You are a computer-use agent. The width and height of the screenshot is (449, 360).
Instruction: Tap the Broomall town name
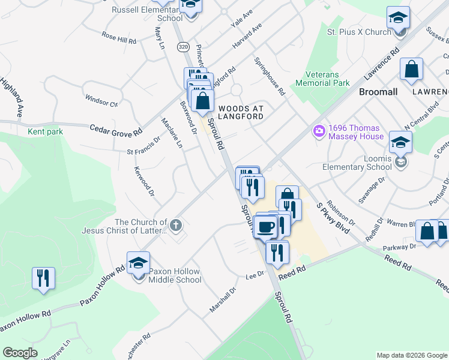click(378, 92)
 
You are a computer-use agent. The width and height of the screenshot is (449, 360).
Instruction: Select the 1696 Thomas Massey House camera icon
click(319, 130)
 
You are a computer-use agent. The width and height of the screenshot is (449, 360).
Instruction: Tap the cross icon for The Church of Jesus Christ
click(175, 226)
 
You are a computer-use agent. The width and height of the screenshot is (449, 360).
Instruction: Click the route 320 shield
click(183, 46)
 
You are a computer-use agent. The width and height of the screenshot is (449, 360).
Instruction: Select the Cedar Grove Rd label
click(116, 129)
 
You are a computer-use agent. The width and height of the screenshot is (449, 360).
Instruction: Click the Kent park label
click(41, 131)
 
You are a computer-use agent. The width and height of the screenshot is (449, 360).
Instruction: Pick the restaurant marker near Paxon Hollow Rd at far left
click(43, 278)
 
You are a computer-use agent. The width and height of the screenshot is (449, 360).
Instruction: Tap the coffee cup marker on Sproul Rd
click(265, 227)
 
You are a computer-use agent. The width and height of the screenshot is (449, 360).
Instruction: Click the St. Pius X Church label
click(359, 32)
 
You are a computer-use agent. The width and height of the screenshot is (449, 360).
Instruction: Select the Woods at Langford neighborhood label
click(241, 112)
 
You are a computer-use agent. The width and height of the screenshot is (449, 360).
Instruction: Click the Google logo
click(20, 353)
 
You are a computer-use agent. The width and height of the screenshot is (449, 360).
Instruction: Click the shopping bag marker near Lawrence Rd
click(412, 70)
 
